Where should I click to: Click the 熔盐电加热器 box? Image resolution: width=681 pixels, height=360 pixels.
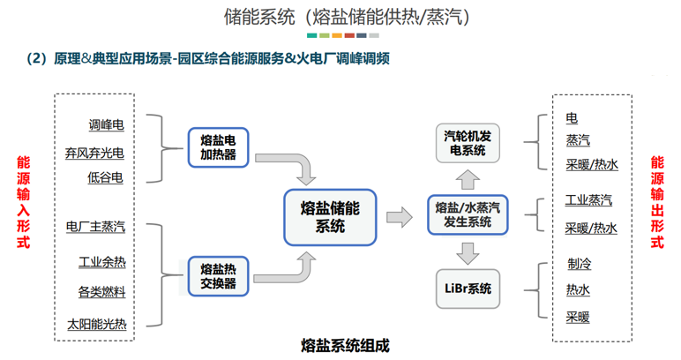[218, 147]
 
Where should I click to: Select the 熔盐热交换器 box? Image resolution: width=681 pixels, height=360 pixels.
[218, 276]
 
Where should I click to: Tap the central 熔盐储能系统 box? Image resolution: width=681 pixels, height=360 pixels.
[330, 217]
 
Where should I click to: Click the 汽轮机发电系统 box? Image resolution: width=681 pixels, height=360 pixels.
[468, 143]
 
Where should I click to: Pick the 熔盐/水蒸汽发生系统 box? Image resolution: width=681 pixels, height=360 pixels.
[468, 215]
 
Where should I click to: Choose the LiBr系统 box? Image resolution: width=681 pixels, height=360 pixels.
[468, 289]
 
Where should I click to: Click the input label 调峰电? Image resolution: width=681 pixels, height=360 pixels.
[107, 125]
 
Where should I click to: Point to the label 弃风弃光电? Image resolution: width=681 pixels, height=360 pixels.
[94, 153]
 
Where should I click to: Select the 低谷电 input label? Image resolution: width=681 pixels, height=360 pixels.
[105, 177]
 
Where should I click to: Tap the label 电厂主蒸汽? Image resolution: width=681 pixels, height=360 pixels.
[95, 227]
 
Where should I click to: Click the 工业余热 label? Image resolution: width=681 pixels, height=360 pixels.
[102, 262]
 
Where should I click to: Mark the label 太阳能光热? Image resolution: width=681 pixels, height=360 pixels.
[97, 325]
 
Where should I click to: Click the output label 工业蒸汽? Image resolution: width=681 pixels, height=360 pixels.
[588, 200]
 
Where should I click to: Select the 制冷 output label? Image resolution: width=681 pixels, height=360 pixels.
[580, 264]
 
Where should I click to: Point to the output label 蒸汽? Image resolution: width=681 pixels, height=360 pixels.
[578, 140]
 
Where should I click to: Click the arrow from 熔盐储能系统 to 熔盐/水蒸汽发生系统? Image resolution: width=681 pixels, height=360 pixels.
[399, 217]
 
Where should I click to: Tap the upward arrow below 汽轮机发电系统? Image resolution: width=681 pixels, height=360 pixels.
[468, 179]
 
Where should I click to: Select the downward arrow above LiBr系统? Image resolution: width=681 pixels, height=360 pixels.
[468, 253]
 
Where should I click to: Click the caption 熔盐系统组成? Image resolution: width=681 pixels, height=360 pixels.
[345, 346]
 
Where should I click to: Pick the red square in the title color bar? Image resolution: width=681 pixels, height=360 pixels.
[349, 35]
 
